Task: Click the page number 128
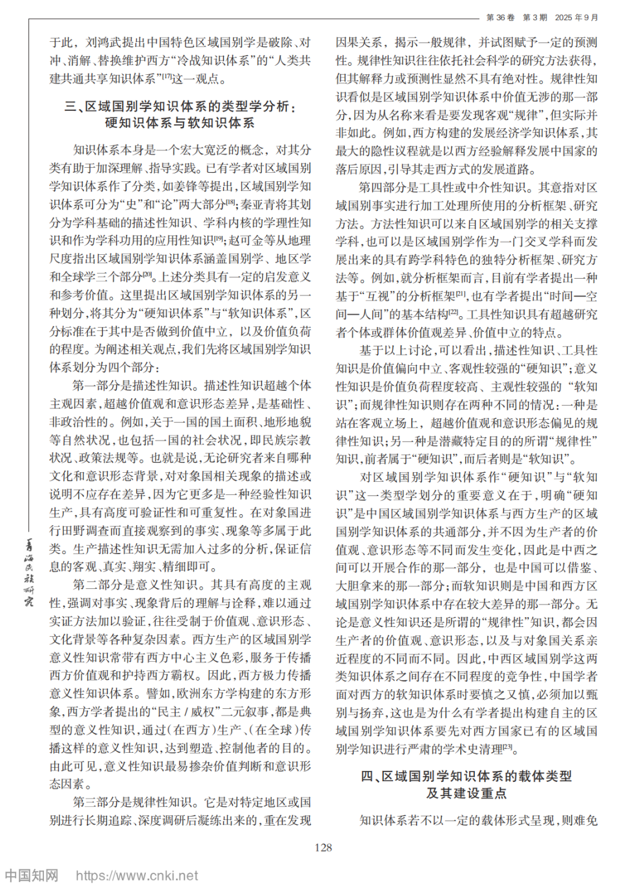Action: pos(323,848)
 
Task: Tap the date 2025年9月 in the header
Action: pos(576,17)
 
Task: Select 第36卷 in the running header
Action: pos(500,17)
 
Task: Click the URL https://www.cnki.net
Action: pos(137,875)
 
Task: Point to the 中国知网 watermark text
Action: pos(32,875)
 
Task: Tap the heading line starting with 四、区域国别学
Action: pos(466,776)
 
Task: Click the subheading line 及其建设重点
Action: pos(466,793)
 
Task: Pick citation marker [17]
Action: pos(166,77)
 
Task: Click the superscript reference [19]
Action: pos(218,239)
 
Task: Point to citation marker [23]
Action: pos(508,747)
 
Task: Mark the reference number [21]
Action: pos(461,294)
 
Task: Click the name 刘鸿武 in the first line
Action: pos(103,43)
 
